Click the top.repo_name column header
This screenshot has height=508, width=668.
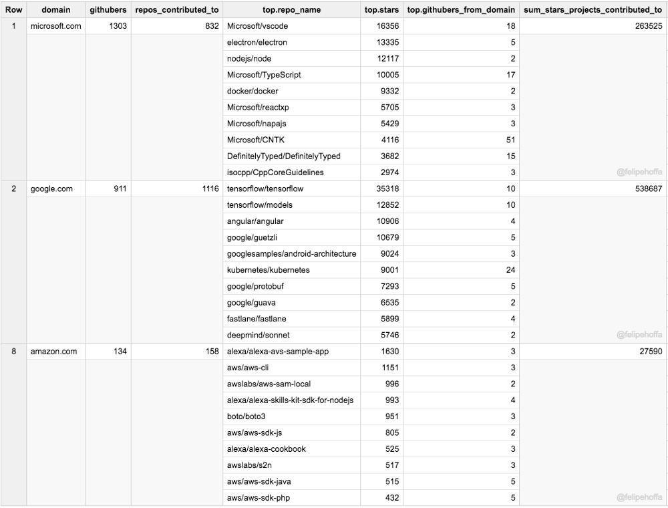pos(291,10)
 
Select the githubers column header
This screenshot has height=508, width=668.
pos(108,10)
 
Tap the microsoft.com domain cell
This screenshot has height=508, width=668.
pos(55,26)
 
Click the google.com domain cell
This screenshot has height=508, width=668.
pos(51,188)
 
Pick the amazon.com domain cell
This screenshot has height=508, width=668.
pos(53,351)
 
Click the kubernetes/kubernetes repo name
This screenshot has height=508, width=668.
pos(268,270)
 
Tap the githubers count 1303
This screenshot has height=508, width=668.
pos(118,26)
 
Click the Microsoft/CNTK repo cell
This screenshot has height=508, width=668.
pos(256,140)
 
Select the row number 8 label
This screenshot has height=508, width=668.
pos(13,351)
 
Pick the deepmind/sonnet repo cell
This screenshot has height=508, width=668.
pos(258,335)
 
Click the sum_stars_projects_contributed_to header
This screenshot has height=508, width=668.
pos(593,10)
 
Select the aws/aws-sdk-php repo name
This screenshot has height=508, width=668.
pos(259,497)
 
